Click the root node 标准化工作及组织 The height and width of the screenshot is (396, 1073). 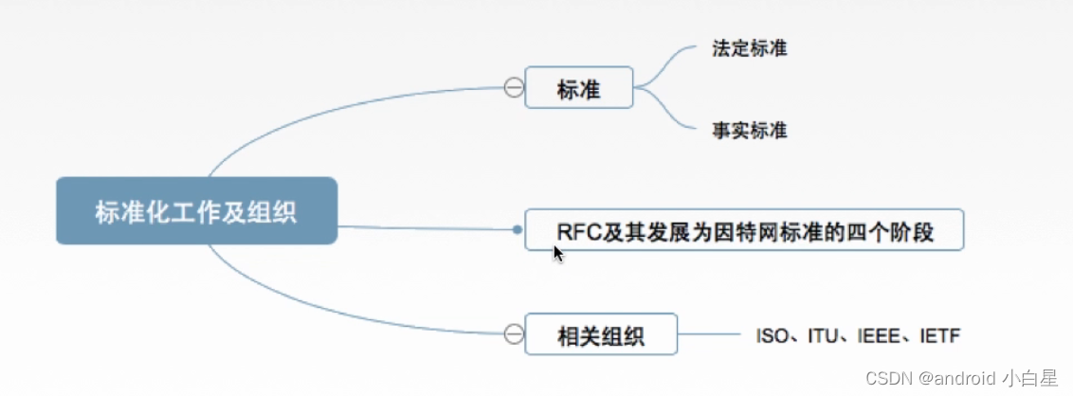pyautogui.click(x=196, y=210)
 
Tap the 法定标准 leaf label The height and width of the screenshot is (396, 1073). pyautogui.click(x=749, y=48)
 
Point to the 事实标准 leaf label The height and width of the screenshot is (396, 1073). pyautogui.click(x=749, y=130)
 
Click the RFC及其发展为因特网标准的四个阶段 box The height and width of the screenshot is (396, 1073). pyautogui.click(x=744, y=230)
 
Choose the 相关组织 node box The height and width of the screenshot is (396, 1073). pyautogui.click(x=601, y=333)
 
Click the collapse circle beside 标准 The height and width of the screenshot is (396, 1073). pyautogui.click(x=513, y=88)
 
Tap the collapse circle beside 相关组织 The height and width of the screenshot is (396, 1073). pyautogui.click(x=513, y=333)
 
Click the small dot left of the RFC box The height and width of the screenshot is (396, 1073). pyautogui.click(x=517, y=229)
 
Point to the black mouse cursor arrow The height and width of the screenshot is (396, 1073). pyautogui.click(x=557, y=252)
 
